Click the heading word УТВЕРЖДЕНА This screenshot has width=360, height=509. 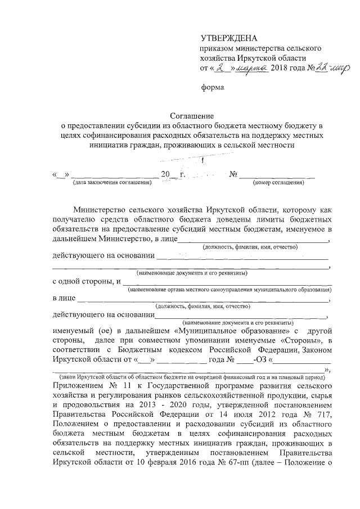click(228, 38)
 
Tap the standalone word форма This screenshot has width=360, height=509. click(213, 87)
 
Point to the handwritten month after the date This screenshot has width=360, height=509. click(251, 68)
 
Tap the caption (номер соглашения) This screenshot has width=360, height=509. click(278, 182)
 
